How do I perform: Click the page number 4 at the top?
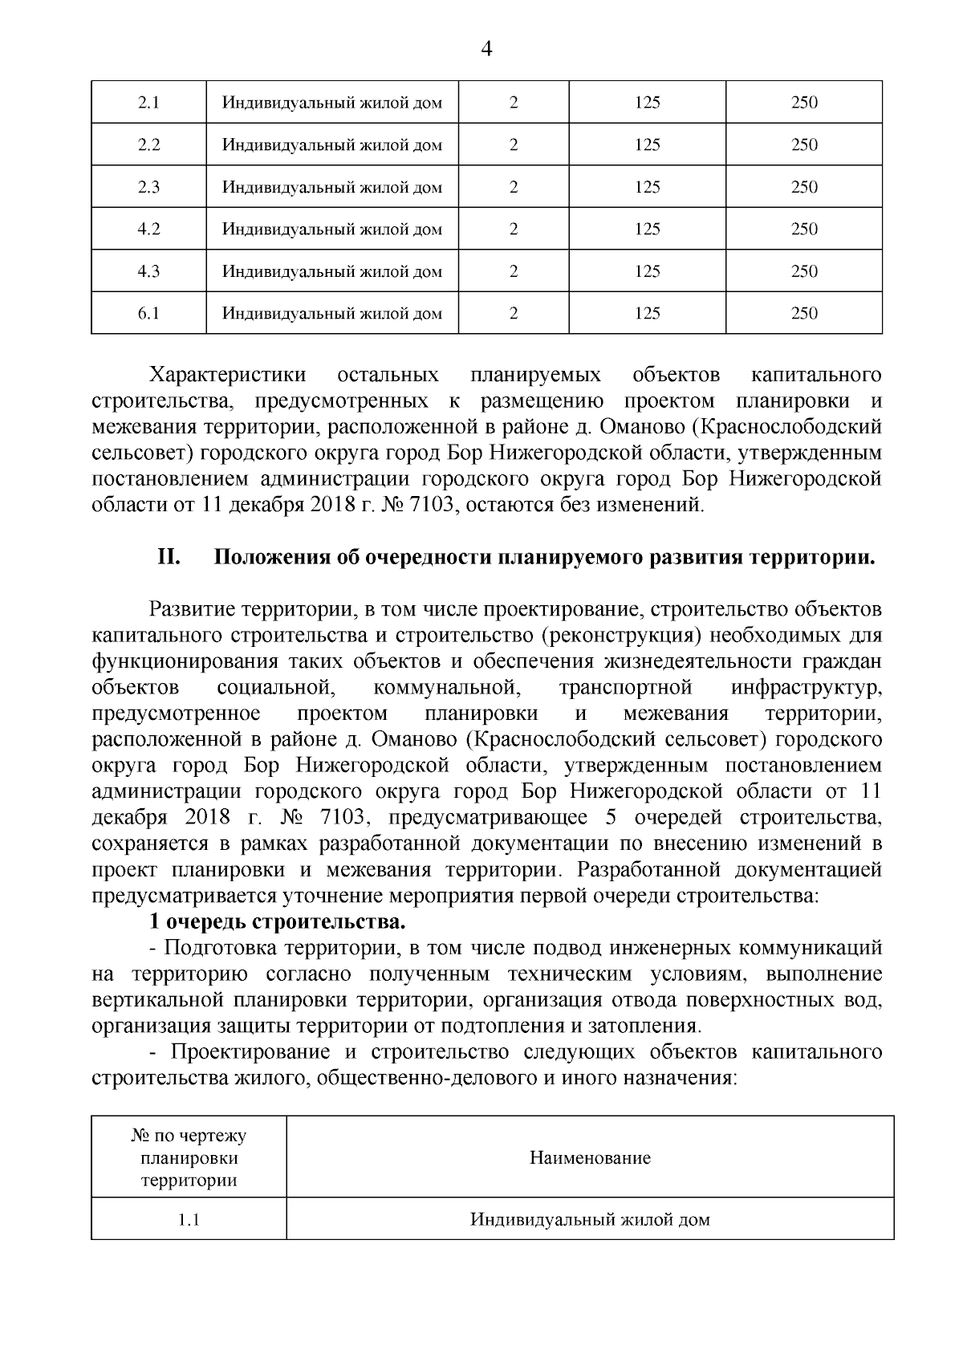(x=485, y=50)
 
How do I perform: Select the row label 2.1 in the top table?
(x=148, y=103)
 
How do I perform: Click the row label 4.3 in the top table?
(x=148, y=271)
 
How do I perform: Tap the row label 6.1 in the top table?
(x=148, y=313)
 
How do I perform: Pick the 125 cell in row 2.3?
(x=647, y=187)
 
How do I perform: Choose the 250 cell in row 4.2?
(x=804, y=229)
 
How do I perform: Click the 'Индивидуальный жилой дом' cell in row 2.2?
(x=332, y=145)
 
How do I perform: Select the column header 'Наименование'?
(x=590, y=1157)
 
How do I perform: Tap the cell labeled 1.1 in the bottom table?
(x=189, y=1220)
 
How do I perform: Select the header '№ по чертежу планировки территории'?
(x=189, y=1157)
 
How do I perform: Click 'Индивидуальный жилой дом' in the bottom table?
(x=590, y=1220)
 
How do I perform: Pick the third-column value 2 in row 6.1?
(x=514, y=313)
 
